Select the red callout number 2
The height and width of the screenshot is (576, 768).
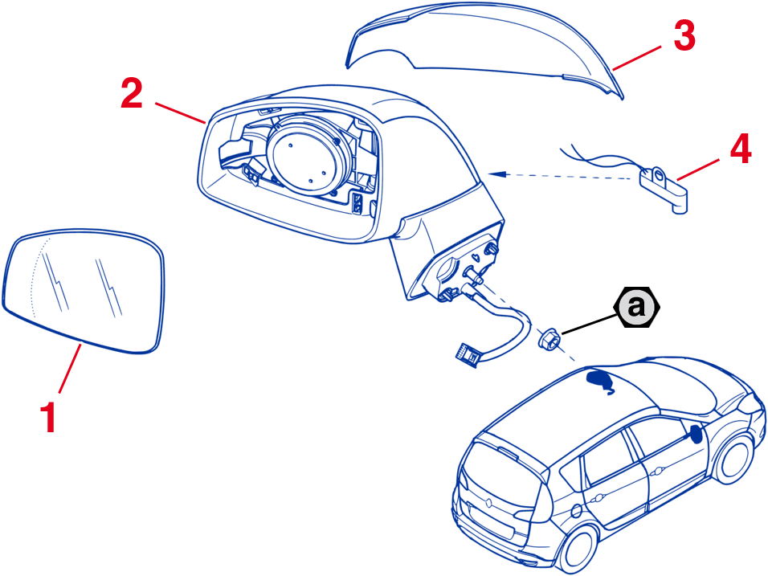tap(132, 95)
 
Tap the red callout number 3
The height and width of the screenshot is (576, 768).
tap(684, 36)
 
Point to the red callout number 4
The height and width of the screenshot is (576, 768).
tap(739, 149)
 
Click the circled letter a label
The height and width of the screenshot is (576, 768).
tap(636, 306)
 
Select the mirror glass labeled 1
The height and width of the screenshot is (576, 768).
tap(84, 293)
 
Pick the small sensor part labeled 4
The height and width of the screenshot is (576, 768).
tap(664, 186)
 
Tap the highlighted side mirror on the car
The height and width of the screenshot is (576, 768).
tap(693, 435)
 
